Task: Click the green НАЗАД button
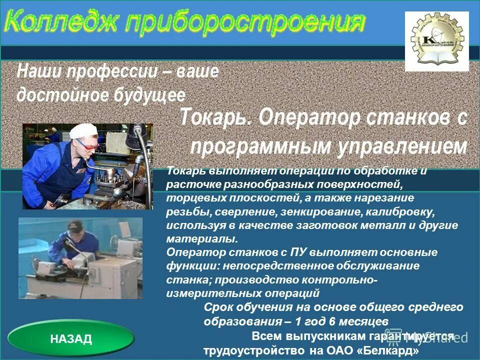(71, 339)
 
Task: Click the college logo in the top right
(436, 41)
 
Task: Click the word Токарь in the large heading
(216, 118)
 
